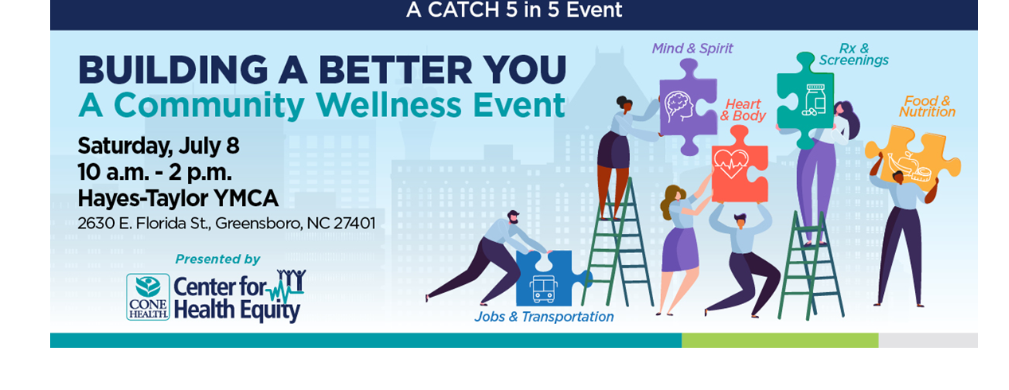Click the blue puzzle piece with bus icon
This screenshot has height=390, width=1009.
pyautogui.click(x=545, y=279)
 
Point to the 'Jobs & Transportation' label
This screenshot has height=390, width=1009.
pyautogui.click(x=544, y=317)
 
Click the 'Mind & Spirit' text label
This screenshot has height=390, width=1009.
pyautogui.click(x=692, y=49)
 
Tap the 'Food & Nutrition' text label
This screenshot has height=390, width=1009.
pyautogui.click(x=927, y=107)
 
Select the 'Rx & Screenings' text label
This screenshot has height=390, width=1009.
pyautogui.click(x=854, y=55)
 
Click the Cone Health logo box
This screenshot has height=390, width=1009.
pyautogui.click(x=148, y=297)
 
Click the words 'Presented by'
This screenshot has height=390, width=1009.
pyautogui.click(x=217, y=259)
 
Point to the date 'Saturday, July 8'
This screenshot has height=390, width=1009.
pyautogui.click(x=158, y=146)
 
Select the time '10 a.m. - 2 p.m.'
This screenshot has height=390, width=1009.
pyautogui.click(x=154, y=172)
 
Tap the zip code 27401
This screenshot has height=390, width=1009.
pyautogui.click(x=354, y=223)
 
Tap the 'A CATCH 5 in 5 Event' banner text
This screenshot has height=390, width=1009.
pyautogui.click(x=514, y=11)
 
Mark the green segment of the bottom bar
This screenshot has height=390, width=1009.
pyautogui.click(x=779, y=340)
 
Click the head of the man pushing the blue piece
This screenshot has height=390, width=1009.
pyautogui.click(x=513, y=218)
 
